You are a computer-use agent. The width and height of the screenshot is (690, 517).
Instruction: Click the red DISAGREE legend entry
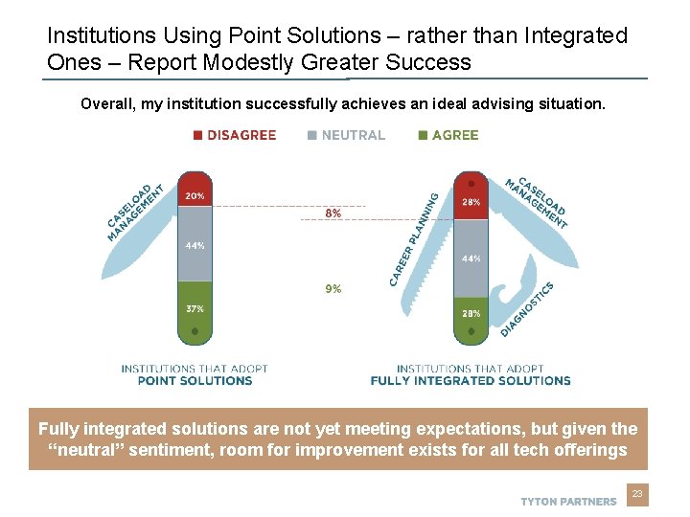[x=235, y=135]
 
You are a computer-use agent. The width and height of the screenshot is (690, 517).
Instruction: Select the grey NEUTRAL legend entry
[x=346, y=135]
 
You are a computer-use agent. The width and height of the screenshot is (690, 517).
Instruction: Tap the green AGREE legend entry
[x=448, y=135]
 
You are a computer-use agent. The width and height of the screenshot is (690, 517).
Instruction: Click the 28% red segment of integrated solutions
[x=471, y=201]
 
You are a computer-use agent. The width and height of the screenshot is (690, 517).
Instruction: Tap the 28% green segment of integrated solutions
[x=471, y=313]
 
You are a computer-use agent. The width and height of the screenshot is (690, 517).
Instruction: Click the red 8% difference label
[x=333, y=214]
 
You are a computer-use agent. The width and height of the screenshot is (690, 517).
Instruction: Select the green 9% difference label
[x=333, y=288]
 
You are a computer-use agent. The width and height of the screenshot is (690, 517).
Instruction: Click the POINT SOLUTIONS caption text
[x=195, y=380]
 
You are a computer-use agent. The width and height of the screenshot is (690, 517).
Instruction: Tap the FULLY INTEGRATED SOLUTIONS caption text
[x=471, y=380]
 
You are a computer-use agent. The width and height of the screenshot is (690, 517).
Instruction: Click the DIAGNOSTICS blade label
[x=527, y=308]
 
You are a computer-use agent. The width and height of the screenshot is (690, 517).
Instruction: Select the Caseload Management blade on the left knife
[x=134, y=211]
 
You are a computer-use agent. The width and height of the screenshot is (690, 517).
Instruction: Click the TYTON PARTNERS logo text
[x=568, y=501]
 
